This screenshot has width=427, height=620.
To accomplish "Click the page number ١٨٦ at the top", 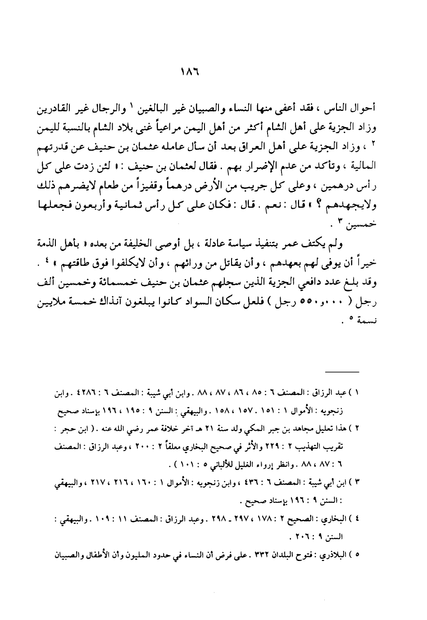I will click(x=213, y=73).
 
